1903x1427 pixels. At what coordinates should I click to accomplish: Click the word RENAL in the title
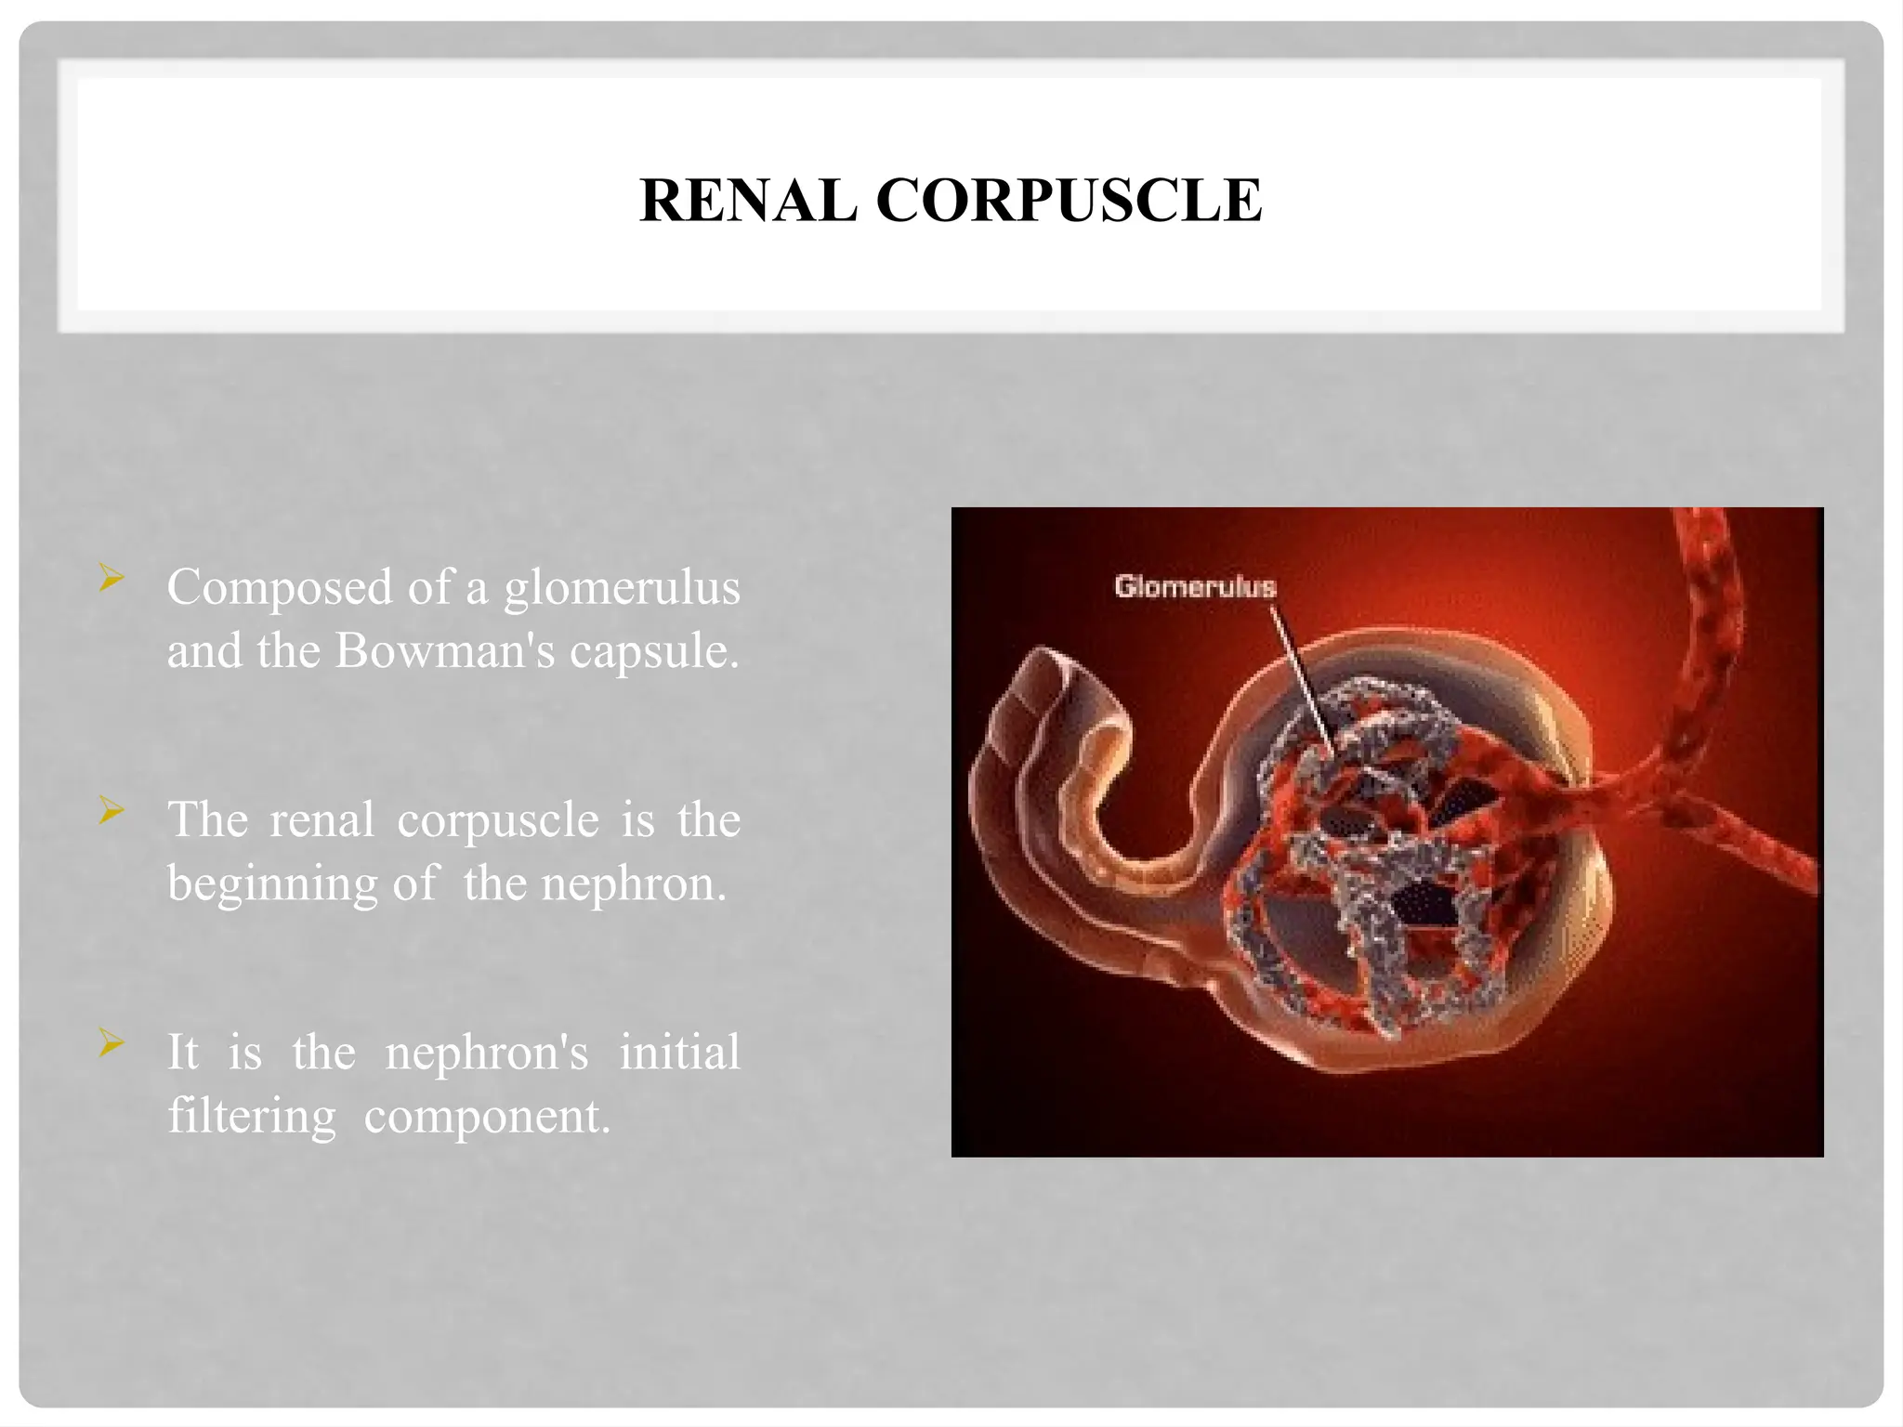coord(747,201)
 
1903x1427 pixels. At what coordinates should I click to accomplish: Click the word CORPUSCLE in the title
coord(1069,201)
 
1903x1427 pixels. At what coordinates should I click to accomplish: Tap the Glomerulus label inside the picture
coord(1195,587)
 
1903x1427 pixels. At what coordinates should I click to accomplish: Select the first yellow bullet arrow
coord(112,580)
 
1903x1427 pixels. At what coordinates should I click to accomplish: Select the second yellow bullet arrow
coord(112,811)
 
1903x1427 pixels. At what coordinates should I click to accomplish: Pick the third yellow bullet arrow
coord(112,1043)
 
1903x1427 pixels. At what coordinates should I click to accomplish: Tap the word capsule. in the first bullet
coord(654,651)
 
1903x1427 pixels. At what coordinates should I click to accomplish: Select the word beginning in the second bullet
coord(271,884)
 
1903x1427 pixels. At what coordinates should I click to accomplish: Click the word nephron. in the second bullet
coord(634,884)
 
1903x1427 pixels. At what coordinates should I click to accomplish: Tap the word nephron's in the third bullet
coord(487,1054)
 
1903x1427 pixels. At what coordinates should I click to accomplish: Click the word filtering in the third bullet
coord(251,1117)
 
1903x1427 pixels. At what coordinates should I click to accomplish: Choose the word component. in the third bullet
coord(487,1118)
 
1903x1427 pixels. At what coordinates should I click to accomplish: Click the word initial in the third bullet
coord(679,1054)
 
